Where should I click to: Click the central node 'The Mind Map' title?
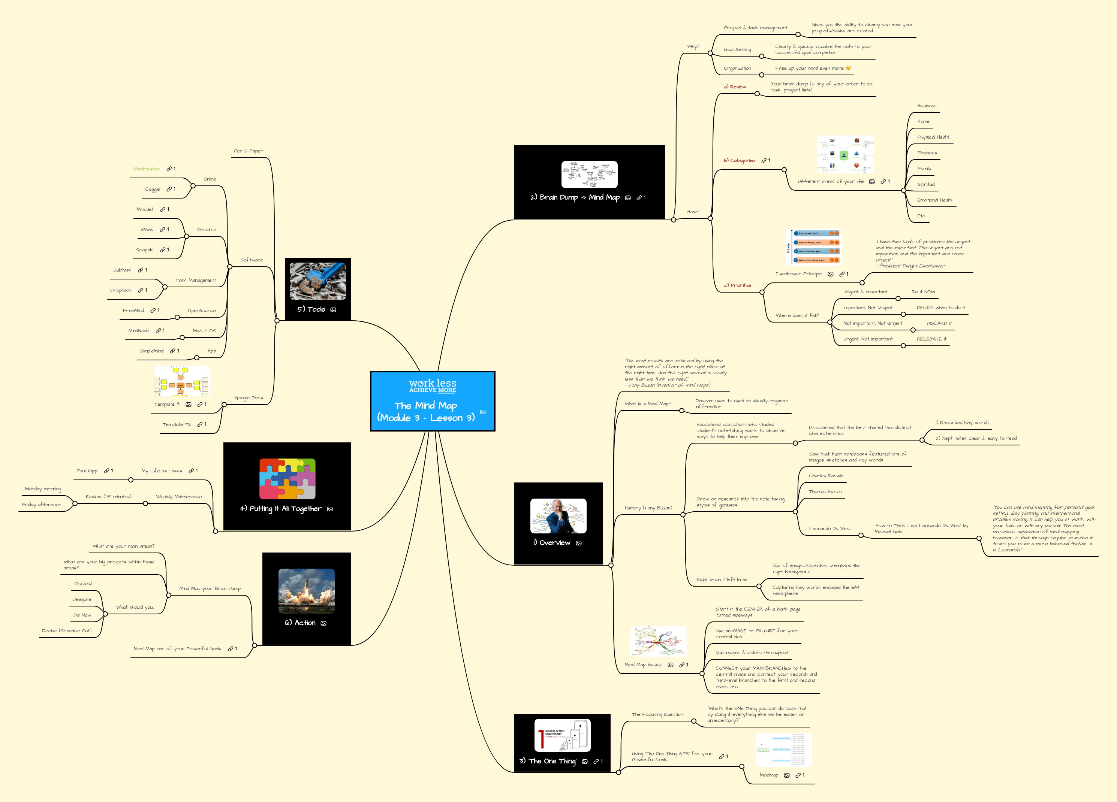click(426, 406)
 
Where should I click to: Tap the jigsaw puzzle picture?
click(287, 479)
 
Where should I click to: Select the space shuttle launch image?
click(306, 591)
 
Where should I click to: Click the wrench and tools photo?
click(317, 281)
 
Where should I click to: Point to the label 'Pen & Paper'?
click(248, 151)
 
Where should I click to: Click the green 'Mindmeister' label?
click(146, 169)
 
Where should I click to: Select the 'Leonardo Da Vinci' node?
click(830, 529)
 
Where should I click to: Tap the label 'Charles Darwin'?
click(826, 476)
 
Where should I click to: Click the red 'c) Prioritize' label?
click(737, 285)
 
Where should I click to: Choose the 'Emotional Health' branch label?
click(935, 200)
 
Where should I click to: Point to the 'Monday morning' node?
click(43, 489)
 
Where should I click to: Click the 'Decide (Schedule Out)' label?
click(66, 631)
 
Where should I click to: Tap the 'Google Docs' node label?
click(249, 398)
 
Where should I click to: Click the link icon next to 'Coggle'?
click(169, 189)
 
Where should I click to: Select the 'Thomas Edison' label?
click(825, 492)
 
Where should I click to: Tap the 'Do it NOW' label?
click(923, 292)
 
